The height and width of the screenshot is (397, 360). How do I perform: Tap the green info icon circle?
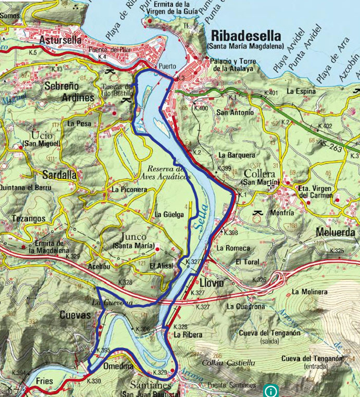coord(271,389)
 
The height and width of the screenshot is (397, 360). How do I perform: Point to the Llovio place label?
coord(213,283)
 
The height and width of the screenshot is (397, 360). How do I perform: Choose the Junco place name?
coord(133,237)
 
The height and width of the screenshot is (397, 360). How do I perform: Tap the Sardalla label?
coord(60,175)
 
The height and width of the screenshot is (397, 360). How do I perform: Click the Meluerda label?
coord(335,232)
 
